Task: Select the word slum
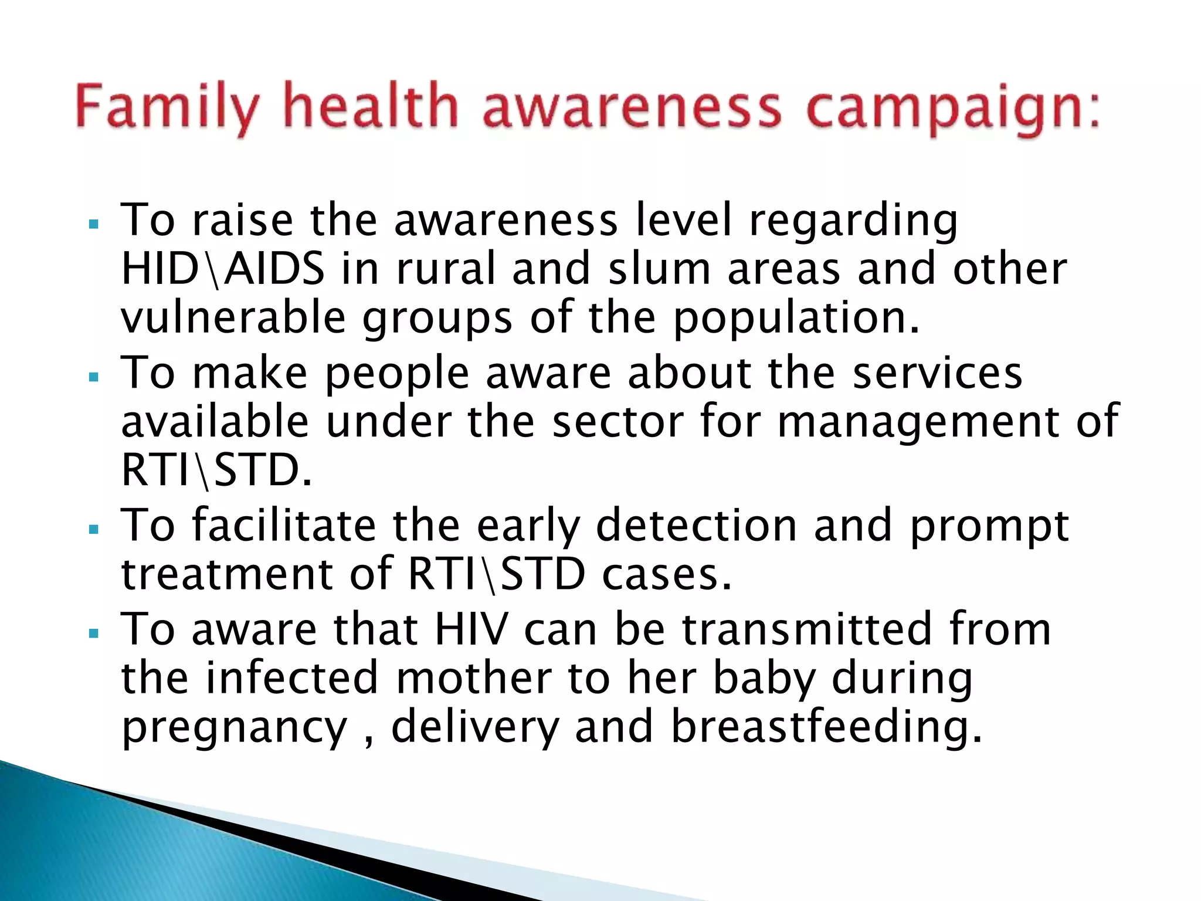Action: pos(660,269)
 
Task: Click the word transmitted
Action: pos(807,629)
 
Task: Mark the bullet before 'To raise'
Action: pos(93,225)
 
